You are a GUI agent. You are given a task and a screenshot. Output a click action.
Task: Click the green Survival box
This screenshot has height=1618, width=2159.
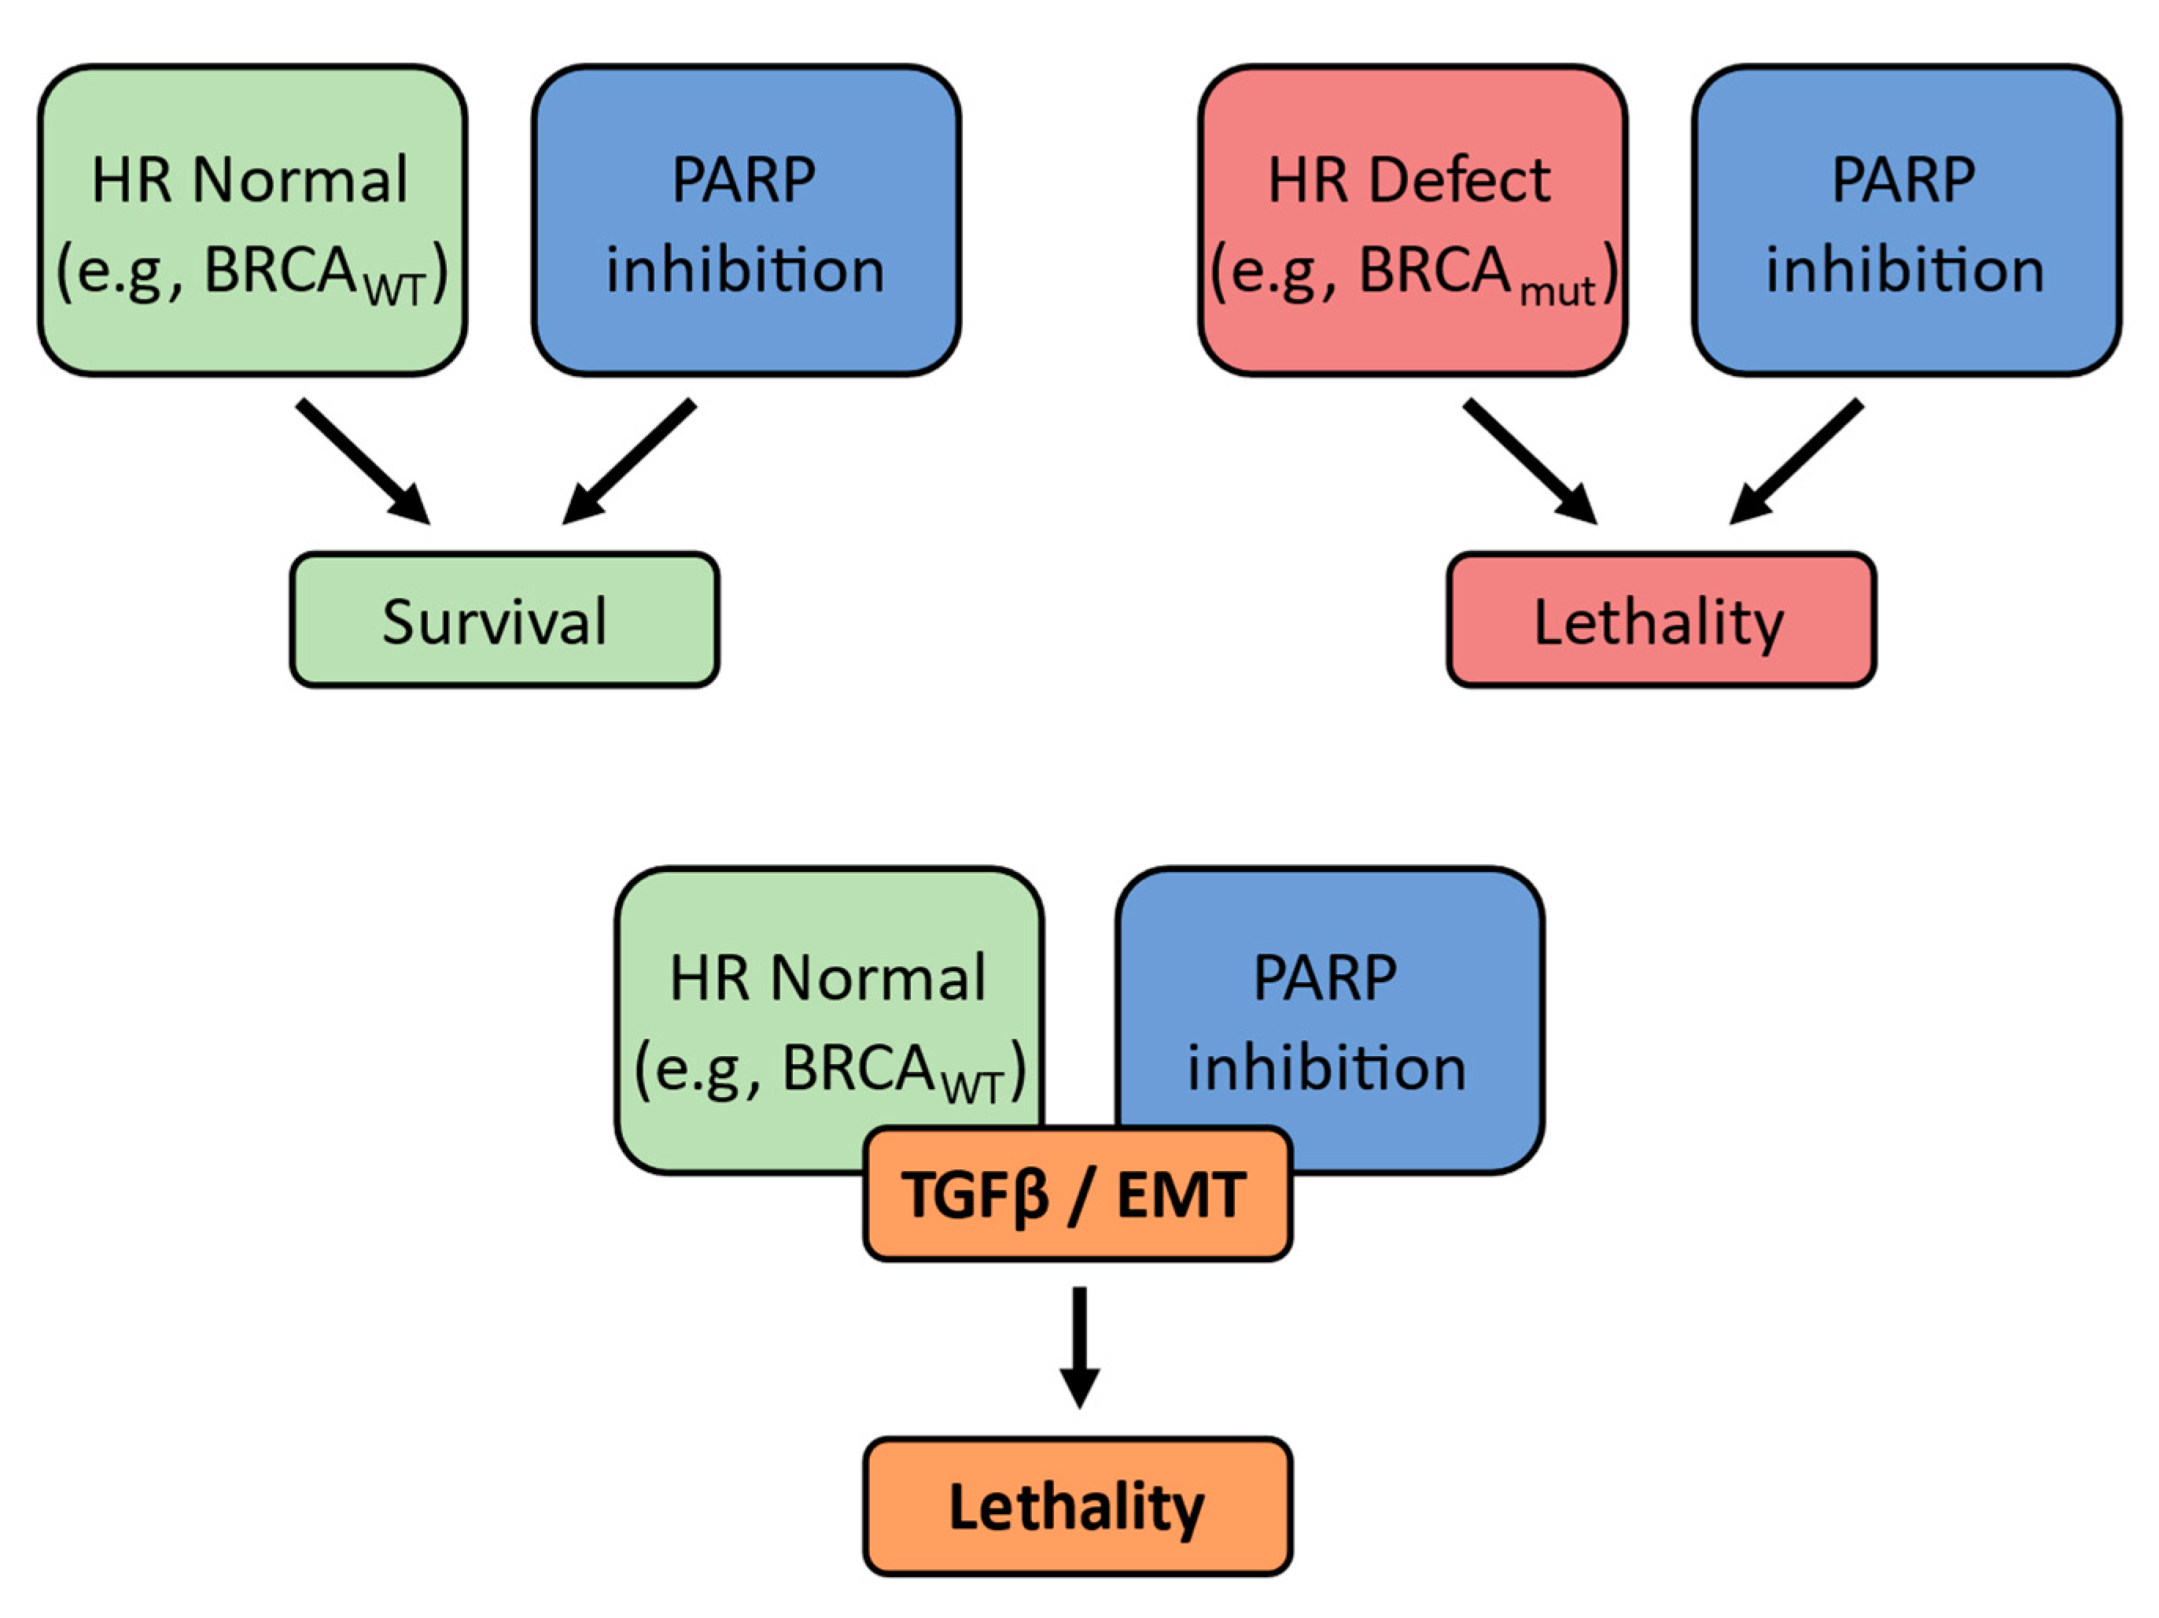tap(505, 620)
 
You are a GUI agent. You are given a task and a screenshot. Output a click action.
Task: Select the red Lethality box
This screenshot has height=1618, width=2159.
tap(1661, 620)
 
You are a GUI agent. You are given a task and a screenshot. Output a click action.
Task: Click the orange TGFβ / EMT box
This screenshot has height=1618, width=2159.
tap(1078, 1193)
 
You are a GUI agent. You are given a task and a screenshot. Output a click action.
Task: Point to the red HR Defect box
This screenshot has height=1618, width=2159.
tap(1413, 220)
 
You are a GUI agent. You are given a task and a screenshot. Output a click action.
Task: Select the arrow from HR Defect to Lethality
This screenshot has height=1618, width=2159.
tap(1531, 462)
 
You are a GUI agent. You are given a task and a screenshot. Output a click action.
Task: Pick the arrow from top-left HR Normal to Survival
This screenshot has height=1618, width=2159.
tap(363, 462)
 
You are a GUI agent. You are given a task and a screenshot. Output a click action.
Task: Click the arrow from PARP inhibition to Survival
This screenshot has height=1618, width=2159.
tap(628, 462)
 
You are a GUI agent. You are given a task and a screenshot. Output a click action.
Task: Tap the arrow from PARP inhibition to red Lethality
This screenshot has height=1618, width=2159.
tap(1796, 462)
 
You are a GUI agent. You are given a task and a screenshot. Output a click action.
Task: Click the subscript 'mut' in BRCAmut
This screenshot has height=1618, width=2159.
tap(1558, 292)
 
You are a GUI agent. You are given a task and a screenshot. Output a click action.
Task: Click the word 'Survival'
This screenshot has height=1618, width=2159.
tap(495, 621)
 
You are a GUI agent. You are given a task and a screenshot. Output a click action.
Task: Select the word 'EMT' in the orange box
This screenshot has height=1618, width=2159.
tap(1181, 1194)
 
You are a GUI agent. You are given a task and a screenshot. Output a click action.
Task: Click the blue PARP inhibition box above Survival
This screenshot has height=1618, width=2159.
tap(746, 220)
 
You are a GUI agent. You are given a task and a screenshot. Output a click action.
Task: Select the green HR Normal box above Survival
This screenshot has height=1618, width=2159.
tap(252, 220)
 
